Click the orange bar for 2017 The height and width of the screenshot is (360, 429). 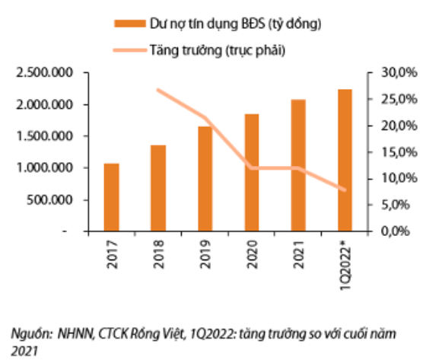click(x=112, y=196)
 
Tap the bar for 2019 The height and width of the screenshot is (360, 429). click(x=205, y=178)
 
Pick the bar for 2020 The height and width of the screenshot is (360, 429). click(x=252, y=172)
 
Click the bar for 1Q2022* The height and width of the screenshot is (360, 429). click(x=345, y=160)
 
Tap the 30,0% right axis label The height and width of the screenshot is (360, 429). click(x=398, y=73)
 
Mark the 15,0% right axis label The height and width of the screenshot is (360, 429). click(x=398, y=151)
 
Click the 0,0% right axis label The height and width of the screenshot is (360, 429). click(x=400, y=231)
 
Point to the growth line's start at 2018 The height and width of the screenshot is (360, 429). click(x=158, y=90)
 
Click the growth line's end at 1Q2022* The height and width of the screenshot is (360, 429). click(x=345, y=190)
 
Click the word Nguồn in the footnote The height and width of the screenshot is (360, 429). click(x=27, y=333)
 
